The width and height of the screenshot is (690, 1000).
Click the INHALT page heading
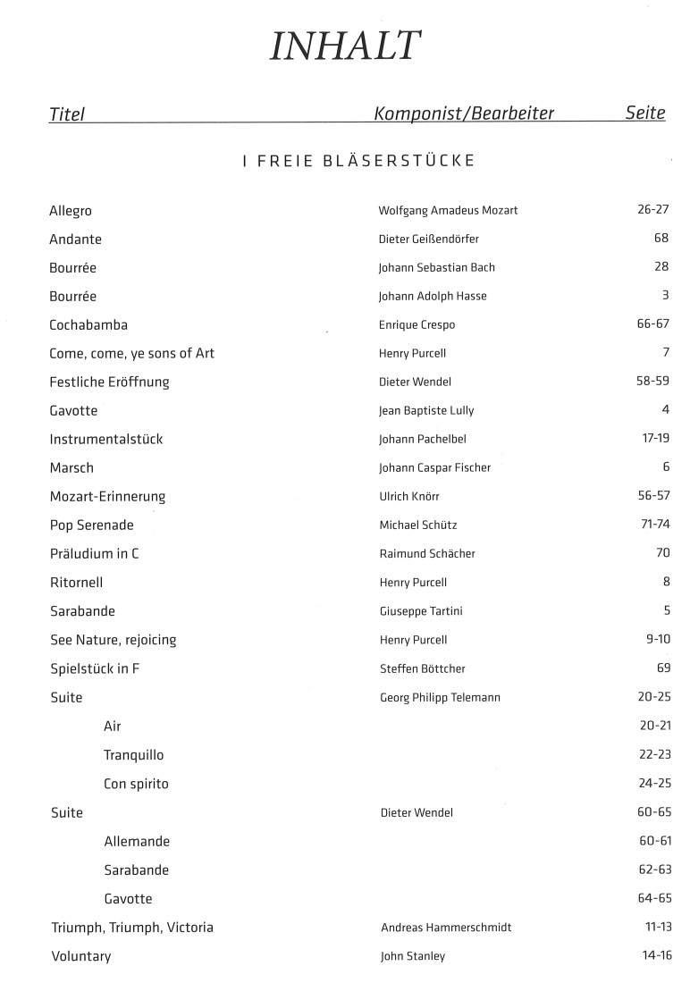[344, 46]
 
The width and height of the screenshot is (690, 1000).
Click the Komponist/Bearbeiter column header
[464, 113]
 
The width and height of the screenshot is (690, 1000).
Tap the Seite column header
[645, 113]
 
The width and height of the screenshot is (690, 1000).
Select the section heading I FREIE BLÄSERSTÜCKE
[358, 161]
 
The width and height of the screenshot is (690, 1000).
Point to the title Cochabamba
[88, 324]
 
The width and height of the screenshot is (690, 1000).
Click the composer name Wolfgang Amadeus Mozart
[448, 210]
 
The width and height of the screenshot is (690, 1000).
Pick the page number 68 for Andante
[661, 239]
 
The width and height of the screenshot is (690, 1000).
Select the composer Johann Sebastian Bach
[436, 267]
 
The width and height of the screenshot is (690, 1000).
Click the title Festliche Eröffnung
[109, 382]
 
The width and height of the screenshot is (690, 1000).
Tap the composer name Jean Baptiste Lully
[426, 410]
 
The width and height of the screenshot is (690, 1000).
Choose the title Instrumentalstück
[106, 439]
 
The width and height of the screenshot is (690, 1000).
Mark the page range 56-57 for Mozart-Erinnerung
[653, 495]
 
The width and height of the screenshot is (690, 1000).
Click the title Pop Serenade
[92, 525]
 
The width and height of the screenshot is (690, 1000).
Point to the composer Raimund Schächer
[427, 553]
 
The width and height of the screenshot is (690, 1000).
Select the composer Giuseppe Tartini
[421, 611]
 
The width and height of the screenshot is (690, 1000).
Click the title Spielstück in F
[95, 668]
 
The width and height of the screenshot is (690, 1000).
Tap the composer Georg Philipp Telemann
[440, 697]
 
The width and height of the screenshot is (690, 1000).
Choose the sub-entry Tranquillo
[134, 755]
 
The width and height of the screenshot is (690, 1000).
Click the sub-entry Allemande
[137, 841]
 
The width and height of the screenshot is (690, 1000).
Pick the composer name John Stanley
[413, 956]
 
